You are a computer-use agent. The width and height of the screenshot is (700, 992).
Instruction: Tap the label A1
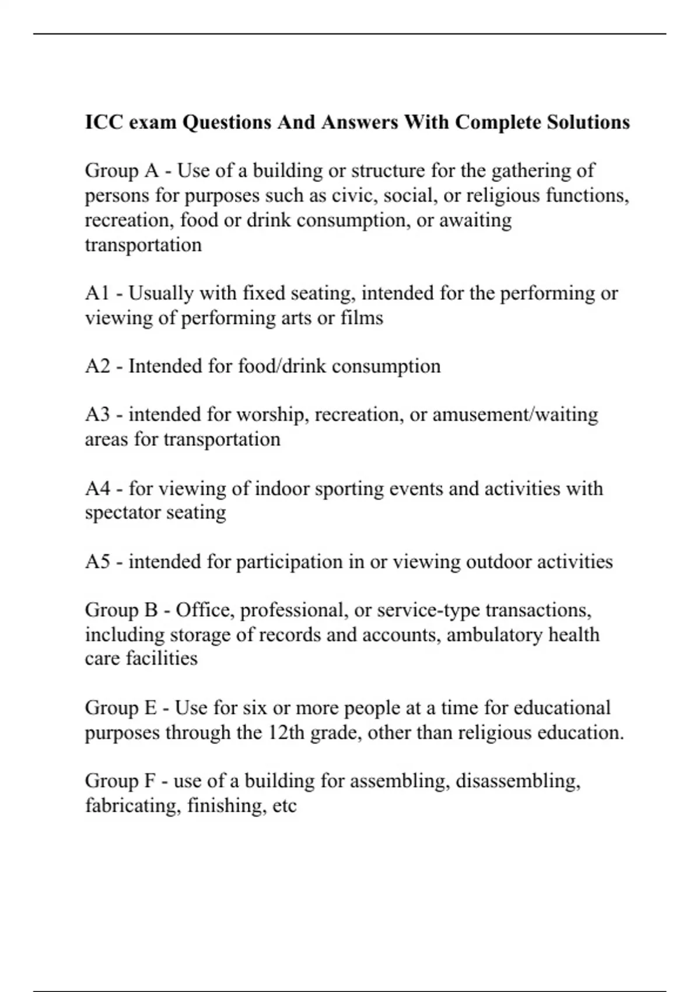pos(97,293)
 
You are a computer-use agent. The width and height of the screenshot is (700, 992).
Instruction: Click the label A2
pos(97,366)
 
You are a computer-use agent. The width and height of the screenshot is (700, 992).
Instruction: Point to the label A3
pos(97,415)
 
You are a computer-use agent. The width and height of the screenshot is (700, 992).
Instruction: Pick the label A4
pos(97,488)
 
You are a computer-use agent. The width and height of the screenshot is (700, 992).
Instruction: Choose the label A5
pos(97,561)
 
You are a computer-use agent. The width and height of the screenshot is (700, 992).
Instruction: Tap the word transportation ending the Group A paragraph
pos(143,244)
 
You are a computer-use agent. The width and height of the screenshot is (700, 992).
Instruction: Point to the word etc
pos(285,806)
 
